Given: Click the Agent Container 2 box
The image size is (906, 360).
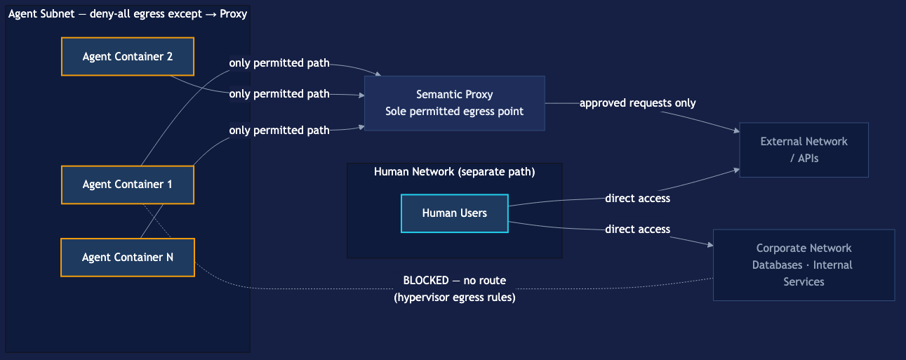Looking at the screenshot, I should coord(128,56).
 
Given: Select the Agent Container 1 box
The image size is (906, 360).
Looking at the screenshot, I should coord(128,185).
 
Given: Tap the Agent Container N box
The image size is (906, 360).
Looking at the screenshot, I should coord(128,258).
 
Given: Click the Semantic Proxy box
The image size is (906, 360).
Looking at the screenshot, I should coord(454,103).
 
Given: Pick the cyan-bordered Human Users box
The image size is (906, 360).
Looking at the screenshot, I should coord(454,213).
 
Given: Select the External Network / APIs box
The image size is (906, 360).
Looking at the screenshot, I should coord(804,150).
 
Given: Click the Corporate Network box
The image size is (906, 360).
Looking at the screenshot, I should coord(804,265).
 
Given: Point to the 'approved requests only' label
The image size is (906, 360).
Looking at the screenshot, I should coord(637,103).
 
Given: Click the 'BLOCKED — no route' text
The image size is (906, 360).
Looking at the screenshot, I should coord(454,281).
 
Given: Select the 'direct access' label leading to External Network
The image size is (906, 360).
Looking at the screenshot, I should coord(637,199).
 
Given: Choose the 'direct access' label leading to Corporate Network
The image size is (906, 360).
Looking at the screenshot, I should coord(637,229).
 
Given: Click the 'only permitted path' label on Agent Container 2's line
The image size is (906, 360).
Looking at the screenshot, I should coord(279,94).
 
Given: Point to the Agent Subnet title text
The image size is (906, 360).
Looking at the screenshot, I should coord(127,13).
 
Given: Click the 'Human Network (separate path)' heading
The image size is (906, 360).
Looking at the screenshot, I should coord(454,172).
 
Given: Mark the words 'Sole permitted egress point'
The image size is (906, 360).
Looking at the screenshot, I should coord(454,111).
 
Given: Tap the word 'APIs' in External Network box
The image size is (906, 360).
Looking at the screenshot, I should coord(808,158).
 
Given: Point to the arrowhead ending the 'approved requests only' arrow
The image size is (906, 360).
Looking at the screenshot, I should coord(736,131).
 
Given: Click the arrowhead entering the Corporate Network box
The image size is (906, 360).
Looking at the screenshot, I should coord(710,246).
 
